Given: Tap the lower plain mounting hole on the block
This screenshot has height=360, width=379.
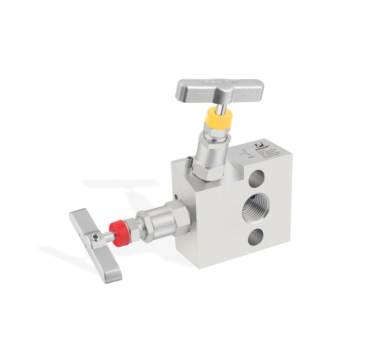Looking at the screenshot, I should click(256, 237).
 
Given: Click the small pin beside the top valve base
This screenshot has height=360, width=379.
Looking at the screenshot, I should click(189, 164).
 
